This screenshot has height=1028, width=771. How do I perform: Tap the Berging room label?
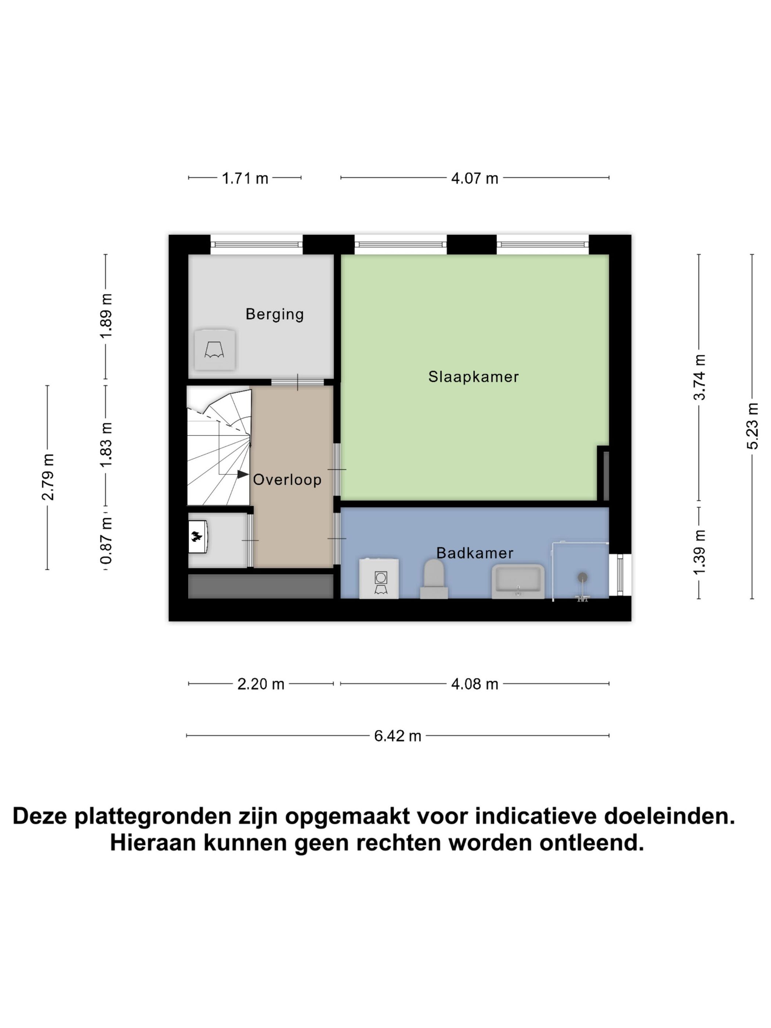click(274, 314)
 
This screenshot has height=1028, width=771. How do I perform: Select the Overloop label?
click(287, 479)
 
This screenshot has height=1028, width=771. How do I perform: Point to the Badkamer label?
click(474, 553)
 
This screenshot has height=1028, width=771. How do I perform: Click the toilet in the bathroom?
click(434, 579)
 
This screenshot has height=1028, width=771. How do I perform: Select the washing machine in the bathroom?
click(379, 579)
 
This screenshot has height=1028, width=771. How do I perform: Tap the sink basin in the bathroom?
click(518, 581)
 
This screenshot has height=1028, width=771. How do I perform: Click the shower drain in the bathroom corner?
click(582, 578)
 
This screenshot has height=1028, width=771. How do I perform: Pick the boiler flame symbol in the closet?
click(196, 537)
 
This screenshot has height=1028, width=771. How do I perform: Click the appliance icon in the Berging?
click(214, 350)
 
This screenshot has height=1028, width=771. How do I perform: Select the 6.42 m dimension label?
click(397, 736)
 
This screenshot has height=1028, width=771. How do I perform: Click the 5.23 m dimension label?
click(752, 426)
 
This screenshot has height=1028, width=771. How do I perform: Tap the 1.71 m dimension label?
click(245, 178)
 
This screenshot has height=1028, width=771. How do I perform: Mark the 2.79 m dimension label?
click(47, 477)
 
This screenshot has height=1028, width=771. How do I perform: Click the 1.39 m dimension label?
click(699, 552)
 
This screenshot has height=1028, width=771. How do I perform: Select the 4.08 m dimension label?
click(474, 684)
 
